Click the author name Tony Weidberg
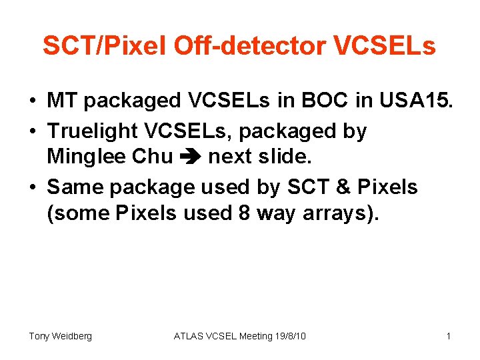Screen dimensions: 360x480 click(60, 336)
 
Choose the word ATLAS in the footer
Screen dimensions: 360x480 click(190, 336)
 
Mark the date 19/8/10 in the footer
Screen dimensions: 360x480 click(290, 336)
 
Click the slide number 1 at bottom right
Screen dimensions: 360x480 click(449, 336)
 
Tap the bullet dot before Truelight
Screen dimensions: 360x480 click(32, 132)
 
